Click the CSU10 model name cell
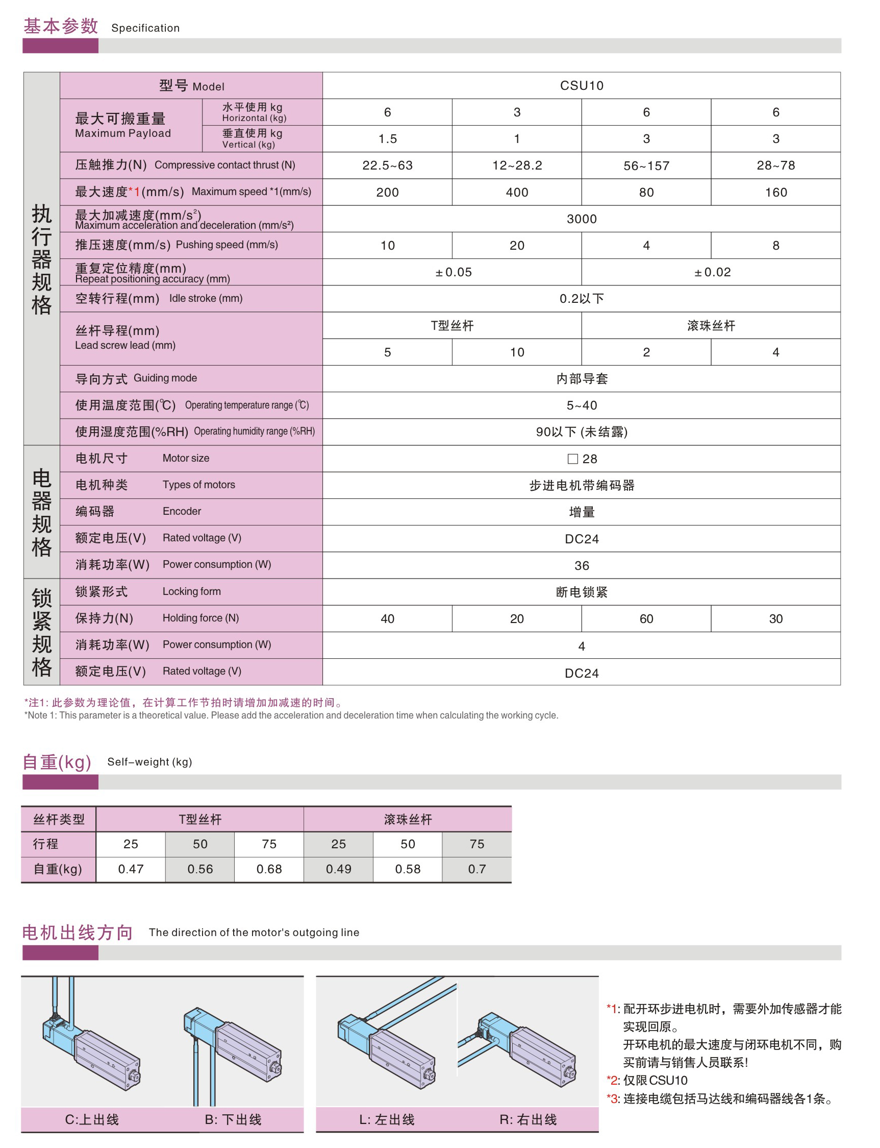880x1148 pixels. pos(582,85)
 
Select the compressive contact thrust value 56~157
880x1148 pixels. pos(646,165)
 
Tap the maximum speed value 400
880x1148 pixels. pos(516,193)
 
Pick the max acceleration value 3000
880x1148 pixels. pos(582,219)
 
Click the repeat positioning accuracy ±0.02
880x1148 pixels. pos(712,272)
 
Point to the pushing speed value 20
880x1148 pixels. pos(516,245)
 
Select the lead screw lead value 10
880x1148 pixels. pos(516,352)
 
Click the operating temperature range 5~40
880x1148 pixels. pos(582,405)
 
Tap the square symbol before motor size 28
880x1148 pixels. pos(572,459)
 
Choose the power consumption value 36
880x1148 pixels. pos(582,566)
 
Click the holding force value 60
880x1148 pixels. pos(646,618)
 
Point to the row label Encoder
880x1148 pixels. pos(181,511)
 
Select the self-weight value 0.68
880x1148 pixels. pos(269,869)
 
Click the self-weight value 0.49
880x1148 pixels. pos(338,869)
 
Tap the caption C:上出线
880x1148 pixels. pos(92,1120)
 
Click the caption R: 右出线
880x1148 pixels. pos(528,1120)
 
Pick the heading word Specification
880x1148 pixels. pos(145,28)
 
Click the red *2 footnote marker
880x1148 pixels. pos(611,1081)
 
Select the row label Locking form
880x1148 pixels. pos(191,591)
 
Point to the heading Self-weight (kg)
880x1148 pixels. pos(149,761)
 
